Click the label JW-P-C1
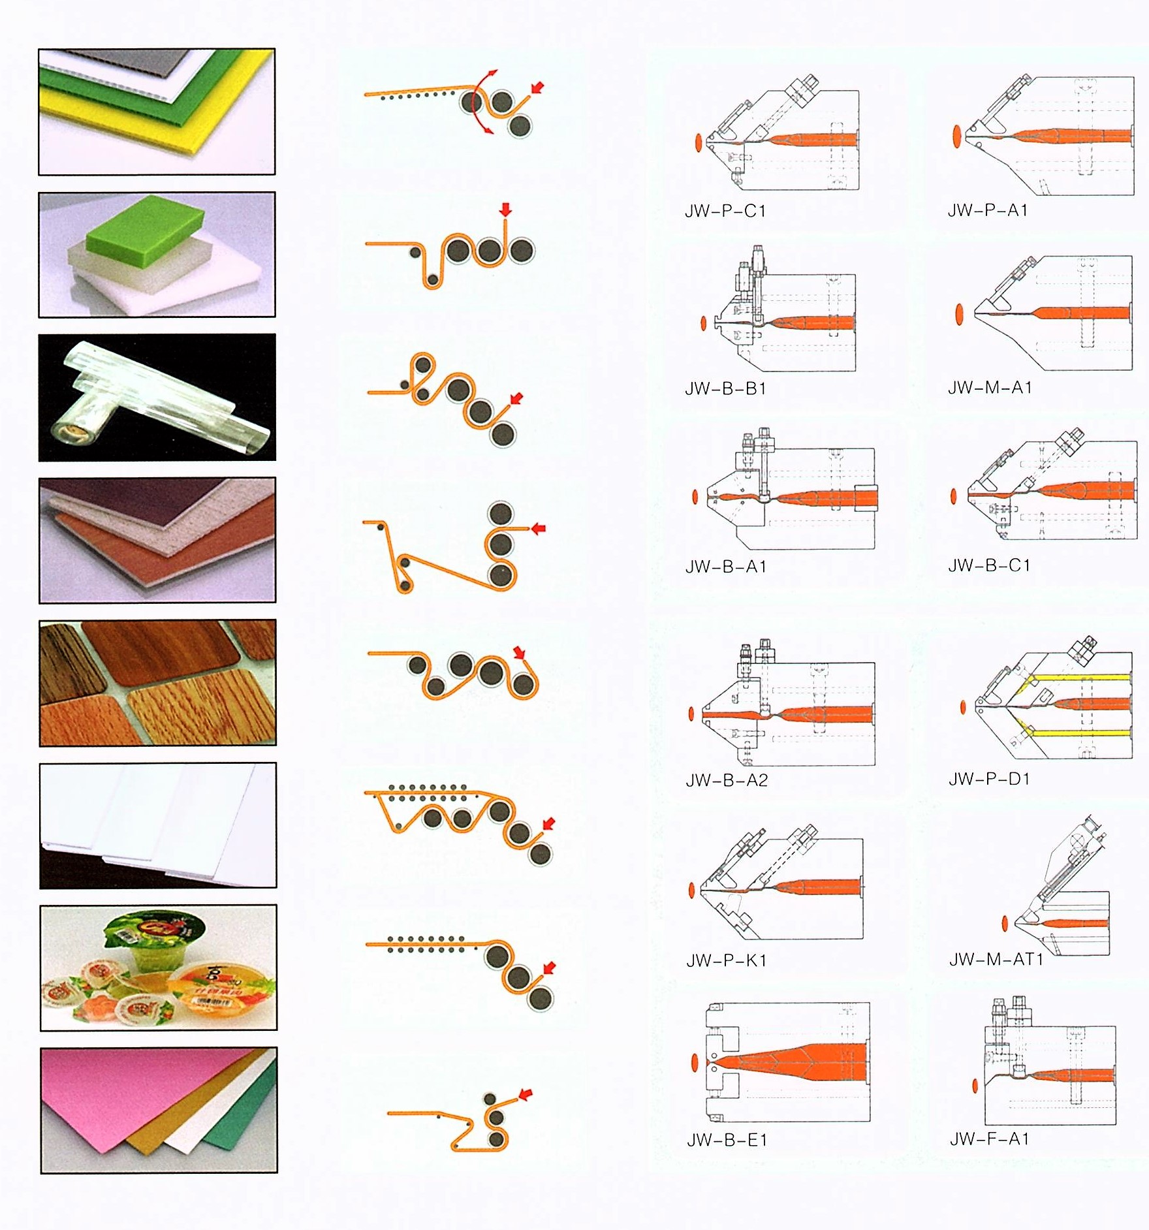tap(725, 211)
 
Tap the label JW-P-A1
tap(988, 210)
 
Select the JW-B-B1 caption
tap(725, 388)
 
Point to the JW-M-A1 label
tap(990, 388)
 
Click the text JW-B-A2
tap(727, 780)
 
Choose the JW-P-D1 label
tap(989, 779)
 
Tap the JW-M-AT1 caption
tap(996, 959)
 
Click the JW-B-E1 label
tap(727, 1141)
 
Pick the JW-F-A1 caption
tap(990, 1139)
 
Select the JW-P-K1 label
tap(726, 960)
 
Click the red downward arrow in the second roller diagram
tap(505, 209)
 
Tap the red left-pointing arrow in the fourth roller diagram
tap(538, 528)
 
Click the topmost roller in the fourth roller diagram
tap(501, 513)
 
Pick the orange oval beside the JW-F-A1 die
tap(975, 1085)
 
